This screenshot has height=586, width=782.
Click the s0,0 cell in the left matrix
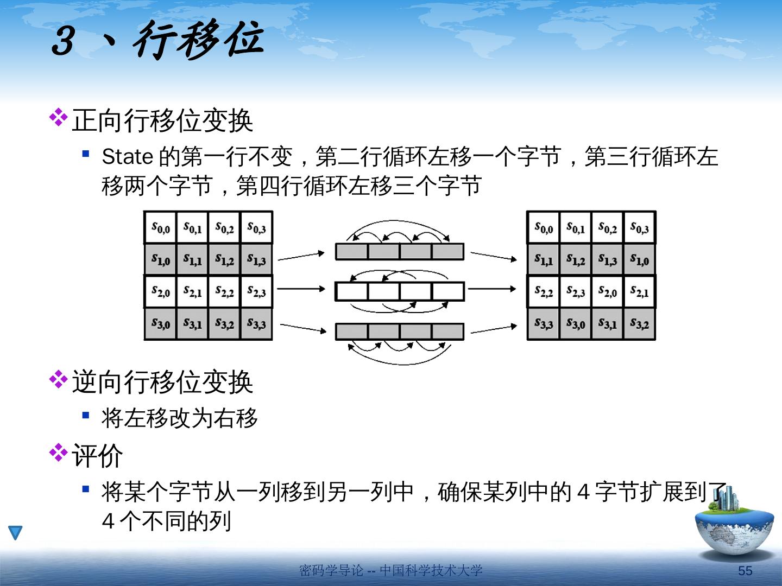click(x=160, y=227)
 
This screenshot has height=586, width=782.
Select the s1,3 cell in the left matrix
click(x=256, y=259)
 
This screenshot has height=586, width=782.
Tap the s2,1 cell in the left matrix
click(x=192, y=291)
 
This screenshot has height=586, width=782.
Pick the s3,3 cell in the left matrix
click(x=256, y=323)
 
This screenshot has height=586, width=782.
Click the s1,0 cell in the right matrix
click(x=639, y=259)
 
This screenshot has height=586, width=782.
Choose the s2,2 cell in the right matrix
click(x=543, y=291)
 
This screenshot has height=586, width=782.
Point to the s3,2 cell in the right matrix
click(x=639, y=323)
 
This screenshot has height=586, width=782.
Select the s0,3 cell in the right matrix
click(x=639, y=227)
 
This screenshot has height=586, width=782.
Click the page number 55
click(x=745, y=570)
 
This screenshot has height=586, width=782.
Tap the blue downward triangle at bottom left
click(x=16, y=532)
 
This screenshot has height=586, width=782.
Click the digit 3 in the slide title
click(x=64, y=40)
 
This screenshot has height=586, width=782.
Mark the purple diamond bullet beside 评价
click(x=58, y=453)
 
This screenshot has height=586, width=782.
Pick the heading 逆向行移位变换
click(x=162, y=382)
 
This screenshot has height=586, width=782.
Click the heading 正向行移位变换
click(x=162, y=120)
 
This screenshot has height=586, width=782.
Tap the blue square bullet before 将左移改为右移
click(x=86, y=416)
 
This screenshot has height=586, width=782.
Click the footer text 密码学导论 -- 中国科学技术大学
click(x=390, y=570)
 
